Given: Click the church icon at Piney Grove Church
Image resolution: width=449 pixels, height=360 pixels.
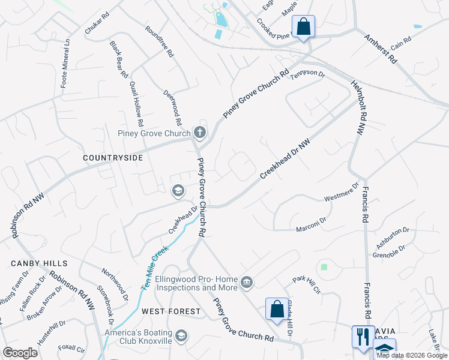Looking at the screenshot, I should pos(200,132).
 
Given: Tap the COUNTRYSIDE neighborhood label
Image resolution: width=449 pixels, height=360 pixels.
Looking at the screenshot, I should pos(113,157).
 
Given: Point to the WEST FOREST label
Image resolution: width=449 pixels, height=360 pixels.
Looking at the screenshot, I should pos(171,311).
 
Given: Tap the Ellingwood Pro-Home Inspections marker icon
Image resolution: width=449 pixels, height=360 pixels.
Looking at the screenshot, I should pos(246,282).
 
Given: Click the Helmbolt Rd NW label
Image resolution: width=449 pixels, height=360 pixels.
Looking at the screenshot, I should pos(357,106).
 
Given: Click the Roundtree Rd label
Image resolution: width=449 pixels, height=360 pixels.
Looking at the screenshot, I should pos(160,41).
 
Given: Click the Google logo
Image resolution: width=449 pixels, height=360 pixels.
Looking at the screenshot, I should pos(20,353).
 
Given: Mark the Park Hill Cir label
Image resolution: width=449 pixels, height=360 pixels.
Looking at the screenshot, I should pos(306,285).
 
